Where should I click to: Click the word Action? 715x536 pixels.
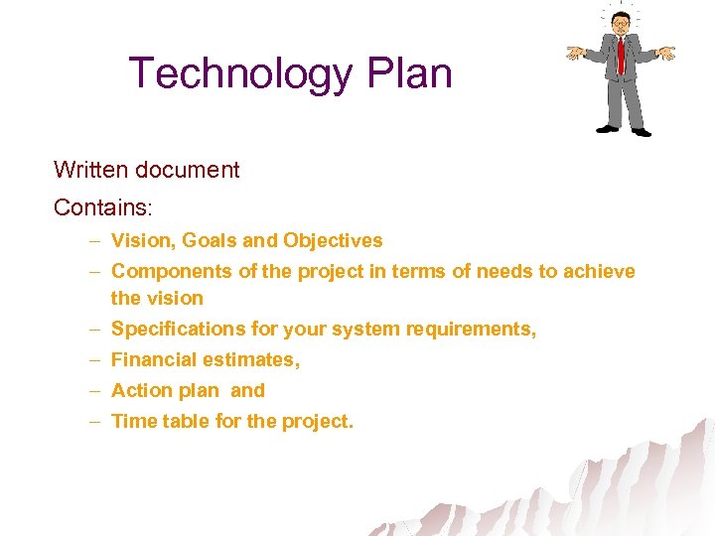[x=140, y=390]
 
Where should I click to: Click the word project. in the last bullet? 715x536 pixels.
[x=317, y=421]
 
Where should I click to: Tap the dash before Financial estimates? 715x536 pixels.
[x=92, y=359]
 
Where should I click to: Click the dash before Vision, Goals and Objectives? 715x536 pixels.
[x=92, y=240]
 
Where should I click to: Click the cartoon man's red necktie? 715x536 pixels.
[x=621, y=55]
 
